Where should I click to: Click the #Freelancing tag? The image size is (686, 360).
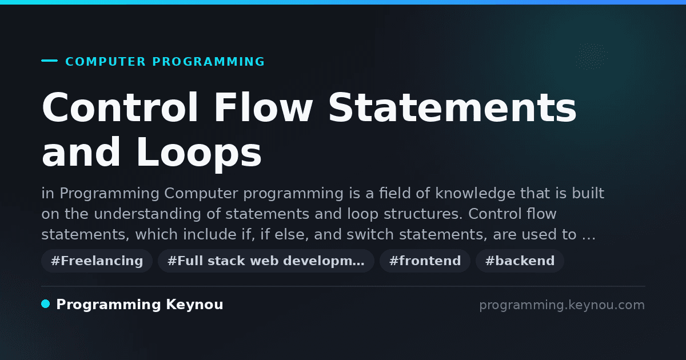pos(97,261)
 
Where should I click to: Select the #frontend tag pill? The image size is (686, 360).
pos(425,261)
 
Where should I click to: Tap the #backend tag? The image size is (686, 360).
pos(520,261)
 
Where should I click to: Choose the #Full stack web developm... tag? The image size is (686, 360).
pos(266,261)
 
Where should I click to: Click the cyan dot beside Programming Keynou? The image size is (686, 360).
pos(46,304)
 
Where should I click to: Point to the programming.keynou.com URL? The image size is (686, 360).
pos(562,305)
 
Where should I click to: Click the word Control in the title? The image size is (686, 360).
pos(119,108)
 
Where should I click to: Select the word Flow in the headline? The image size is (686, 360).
pos(263,108)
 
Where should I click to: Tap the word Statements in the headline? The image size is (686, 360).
pos(453,108)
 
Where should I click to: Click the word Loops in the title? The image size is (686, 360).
pos(199,153)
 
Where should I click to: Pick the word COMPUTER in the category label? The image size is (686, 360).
pos(105,62)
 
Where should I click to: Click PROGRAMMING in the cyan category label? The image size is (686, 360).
pos(209,62)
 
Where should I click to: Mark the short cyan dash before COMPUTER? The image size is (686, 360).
pos(49,61)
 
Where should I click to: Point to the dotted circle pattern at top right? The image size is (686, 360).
pos(592,56)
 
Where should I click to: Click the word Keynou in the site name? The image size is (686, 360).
pos(194,305)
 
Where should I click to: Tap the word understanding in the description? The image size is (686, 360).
pos(147,214)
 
